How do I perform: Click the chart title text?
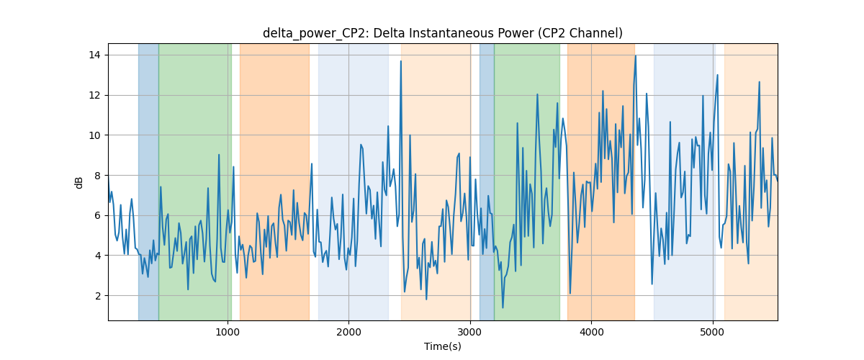[442, 34]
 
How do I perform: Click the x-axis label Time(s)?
[442, 346]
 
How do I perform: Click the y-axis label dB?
[78, 183]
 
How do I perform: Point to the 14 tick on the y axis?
[94, 55]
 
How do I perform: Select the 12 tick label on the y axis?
[94, 95]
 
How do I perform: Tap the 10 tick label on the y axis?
[94, 135]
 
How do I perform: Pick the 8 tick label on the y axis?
[98, 176]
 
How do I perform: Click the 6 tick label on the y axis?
[98, 216]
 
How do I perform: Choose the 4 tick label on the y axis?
[98, 256]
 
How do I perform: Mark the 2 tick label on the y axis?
[98, 296]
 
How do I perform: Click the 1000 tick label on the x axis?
[228, 332]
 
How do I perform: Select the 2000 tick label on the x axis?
[348, 332]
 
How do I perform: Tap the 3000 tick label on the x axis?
[470, 332]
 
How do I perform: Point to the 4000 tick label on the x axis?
[591, 332]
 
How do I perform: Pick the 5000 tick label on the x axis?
[712, 332]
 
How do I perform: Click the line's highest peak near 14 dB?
[636, 56]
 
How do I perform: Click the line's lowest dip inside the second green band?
[503, 307]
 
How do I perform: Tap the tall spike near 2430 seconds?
[401, 61]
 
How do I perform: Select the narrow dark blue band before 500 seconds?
[148, 181]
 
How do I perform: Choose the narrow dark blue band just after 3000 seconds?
[487, 181]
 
